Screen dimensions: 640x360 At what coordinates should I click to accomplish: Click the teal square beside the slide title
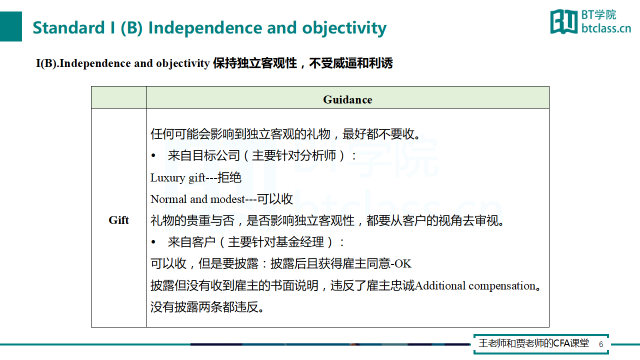coord(11,26)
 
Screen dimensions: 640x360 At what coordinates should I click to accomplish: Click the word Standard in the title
coord(68,27)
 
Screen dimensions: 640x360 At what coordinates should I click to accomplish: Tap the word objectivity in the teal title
coord(344,28)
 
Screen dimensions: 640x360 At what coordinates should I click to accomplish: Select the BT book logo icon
coord(563,21)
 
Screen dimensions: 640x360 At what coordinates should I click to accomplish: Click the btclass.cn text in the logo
coord(606,28)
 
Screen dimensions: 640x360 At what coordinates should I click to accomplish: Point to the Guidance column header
coord(347,99)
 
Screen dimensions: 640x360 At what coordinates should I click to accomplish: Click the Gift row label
coord(118,220)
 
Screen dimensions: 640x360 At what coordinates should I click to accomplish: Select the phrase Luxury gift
coord(177,177)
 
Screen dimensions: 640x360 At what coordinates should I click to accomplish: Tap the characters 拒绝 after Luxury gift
coord(229,177)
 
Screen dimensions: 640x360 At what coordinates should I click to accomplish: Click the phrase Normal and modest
coord(197,199)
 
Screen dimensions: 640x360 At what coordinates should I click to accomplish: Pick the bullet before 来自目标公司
coord(153,155)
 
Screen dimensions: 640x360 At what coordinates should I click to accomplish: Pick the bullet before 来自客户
coord(153,242)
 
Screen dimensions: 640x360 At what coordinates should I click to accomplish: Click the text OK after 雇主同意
coord(403,263)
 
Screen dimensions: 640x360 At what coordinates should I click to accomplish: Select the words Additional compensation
coord(475,285)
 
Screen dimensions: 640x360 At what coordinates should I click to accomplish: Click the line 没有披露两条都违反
coord(207,307)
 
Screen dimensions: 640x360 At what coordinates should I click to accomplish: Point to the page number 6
coord(601,344)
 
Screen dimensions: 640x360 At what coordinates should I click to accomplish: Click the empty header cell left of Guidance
coord(119,97)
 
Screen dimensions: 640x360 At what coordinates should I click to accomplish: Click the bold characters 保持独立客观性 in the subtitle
coord(255,63)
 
